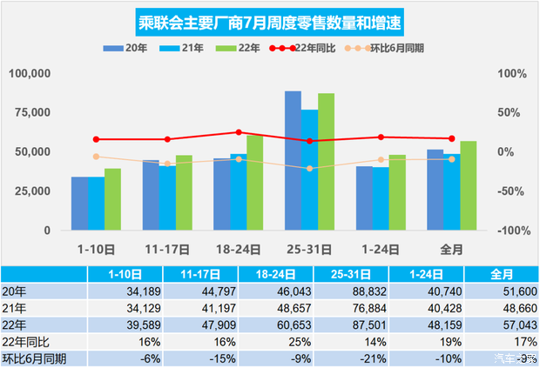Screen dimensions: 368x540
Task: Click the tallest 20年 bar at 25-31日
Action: (x=293, y=160)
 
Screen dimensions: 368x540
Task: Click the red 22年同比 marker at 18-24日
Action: (x=238, y=132)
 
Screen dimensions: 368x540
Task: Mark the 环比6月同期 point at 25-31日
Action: (x=309, y=168)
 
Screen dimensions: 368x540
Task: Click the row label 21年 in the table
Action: (x=15, y=306)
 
